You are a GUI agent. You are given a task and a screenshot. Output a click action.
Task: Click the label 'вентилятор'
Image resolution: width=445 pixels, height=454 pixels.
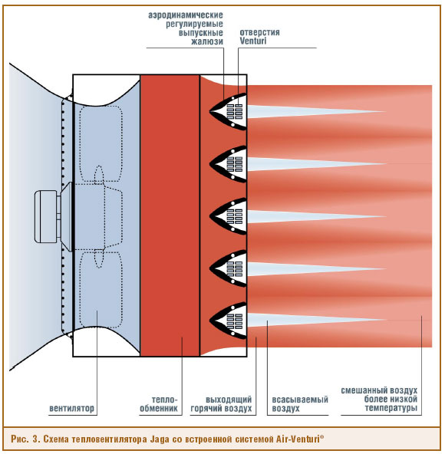[x=72, y=408]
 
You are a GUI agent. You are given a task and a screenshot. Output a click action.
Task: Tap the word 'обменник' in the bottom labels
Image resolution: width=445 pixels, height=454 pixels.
[x=159, y=409]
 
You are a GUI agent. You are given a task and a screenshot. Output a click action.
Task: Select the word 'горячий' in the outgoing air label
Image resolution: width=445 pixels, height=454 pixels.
[x=206, y=409]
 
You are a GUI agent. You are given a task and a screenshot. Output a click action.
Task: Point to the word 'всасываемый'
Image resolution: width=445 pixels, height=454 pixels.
[x=300, y=400]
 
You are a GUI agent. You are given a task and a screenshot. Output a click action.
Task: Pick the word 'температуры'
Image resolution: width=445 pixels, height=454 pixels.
[x=391, y=408]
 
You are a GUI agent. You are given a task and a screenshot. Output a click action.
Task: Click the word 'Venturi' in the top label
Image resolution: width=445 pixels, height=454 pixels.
[x=253, y=41]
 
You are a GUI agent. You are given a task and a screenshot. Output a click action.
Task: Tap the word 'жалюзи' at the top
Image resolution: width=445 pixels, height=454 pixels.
[x=207, y=41]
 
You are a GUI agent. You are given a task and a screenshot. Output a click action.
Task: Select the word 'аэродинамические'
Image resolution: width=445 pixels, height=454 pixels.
[x=186, y=15]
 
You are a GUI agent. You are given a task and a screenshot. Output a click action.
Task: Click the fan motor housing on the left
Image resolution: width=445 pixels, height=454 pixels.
[x=46, y=216]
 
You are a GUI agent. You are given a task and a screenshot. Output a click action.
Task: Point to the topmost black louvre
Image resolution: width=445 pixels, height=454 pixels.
[x=229, y=111]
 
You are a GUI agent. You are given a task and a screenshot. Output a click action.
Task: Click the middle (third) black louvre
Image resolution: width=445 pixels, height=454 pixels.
[x=229, y=216]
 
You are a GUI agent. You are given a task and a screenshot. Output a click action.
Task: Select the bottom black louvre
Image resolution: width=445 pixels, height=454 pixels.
[x=229, y=321]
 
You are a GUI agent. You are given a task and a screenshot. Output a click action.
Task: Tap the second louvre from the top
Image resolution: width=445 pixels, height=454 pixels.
[x=229, y=164]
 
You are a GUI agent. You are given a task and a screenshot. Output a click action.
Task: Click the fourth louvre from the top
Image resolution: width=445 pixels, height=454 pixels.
[x=229, y=268]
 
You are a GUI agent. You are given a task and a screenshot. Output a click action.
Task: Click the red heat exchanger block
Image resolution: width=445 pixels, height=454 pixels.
[x=170, y=215]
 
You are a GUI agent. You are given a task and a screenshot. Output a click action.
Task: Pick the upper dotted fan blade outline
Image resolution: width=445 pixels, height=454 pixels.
[x=101, y=144]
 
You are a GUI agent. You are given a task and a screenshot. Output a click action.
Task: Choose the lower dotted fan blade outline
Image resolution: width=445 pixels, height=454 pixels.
[x=101, y=289]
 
